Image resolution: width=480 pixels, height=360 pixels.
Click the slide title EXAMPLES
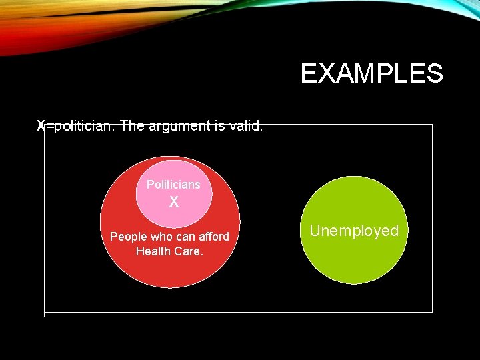pyautogui.click(x=371, y=73)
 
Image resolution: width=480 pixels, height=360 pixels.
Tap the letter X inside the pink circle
pyautogui.click(x=173, y=202)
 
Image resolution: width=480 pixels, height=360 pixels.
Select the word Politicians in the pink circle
pyautogui.click(x=173, y=184)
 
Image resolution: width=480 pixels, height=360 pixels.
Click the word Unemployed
pyautogui.click(x=354, y=231)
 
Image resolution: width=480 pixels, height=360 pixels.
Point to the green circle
pyautogui.click(x=354, y=260)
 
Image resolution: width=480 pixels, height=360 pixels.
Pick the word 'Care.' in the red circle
pyautogui.click(x=188, y=251)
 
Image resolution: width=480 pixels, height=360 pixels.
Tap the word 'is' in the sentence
pyautogui.click(x=219, y=125)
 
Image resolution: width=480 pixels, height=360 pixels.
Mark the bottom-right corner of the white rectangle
pyautogui.click(x=432, y=311)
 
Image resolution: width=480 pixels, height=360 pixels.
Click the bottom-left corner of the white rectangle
pyautogui.click(x=44, y=311)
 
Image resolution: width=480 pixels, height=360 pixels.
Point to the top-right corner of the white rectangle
pyautogui.click(x=432, y=125)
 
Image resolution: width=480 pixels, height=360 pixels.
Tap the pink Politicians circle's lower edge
pyautogui.click(x=173, y=227)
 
